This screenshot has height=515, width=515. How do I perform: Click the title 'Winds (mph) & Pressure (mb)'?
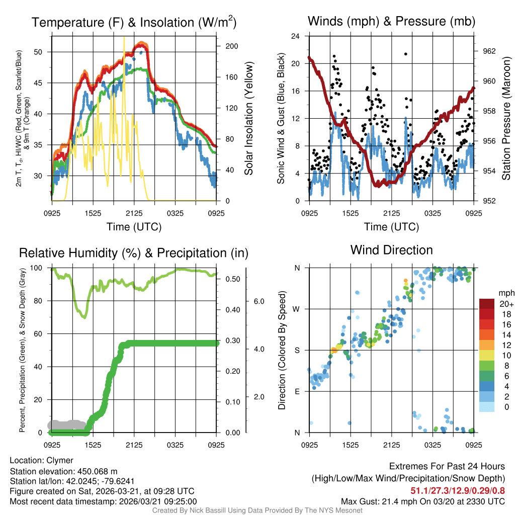click(391, 22)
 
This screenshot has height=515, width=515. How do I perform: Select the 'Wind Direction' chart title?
click(391, 250)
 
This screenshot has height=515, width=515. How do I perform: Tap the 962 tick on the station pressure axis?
click(489, 51)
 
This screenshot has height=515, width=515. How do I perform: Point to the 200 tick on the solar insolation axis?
click(231, 46)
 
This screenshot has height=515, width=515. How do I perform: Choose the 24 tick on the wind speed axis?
click(296, 36)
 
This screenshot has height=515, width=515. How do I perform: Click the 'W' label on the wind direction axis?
click(297, 309)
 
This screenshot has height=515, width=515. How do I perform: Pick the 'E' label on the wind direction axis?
click(297, 391)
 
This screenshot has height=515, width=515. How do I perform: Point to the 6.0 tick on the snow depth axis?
click(259, 301)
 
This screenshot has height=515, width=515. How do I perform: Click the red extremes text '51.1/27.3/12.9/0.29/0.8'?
click(458, 490)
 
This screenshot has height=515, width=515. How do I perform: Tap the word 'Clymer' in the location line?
click(60, 460)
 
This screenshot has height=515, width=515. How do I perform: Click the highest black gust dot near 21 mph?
click(405, 54)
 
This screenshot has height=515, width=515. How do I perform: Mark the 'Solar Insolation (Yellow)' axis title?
click(248, 119)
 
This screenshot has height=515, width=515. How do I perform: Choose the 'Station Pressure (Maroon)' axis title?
click(506, 119)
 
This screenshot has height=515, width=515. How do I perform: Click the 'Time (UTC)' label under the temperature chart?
click(134, 227)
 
